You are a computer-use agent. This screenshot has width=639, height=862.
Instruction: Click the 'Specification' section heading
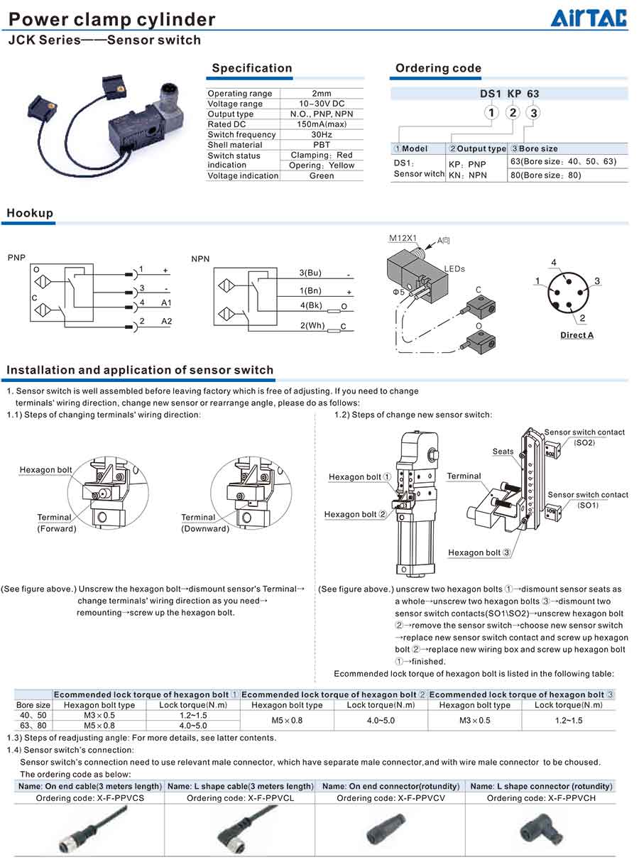(x=252, y=68)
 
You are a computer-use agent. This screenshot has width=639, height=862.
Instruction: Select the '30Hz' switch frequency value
(x=322, y=134)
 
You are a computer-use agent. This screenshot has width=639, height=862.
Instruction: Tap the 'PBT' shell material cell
(x=322, y=145)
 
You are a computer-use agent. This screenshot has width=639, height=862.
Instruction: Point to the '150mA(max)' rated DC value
(x=322, y=124)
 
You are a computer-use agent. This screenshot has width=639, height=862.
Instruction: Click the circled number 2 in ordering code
(x=513, y=112)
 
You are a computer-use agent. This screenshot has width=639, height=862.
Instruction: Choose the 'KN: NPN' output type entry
(x=467, y=175)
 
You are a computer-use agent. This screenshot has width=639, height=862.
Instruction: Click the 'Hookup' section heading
(x=30, y=213)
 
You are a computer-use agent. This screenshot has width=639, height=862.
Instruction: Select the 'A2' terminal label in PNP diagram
(x=166, y=322)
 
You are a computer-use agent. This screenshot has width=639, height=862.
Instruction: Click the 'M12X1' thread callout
(x=403, y=239)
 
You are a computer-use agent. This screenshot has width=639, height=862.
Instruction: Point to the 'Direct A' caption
(x=577, y=335)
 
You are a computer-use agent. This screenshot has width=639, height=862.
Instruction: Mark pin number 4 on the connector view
(x=554, y=262)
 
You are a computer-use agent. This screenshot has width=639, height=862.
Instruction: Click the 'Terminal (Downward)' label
(x=204, y=523)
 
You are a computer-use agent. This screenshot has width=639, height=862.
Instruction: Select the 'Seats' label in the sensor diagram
(x=503, y=452)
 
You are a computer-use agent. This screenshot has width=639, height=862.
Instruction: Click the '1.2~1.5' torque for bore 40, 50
(x=193, y=715)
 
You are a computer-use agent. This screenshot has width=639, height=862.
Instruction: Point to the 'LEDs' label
(x=454, y=269)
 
